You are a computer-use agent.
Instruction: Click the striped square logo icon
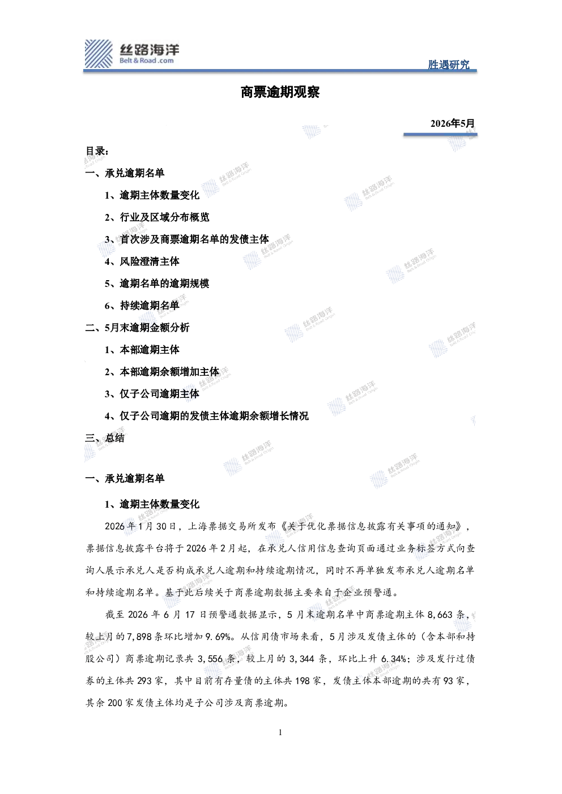click(99, 54)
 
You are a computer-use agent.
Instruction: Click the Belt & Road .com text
click(147, 61)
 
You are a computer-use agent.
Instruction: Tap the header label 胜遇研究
click(449, 65)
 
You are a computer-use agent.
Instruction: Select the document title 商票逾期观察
click(280, 92)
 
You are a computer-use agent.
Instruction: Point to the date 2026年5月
click(452, 123)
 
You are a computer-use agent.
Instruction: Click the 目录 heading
click(97, 151)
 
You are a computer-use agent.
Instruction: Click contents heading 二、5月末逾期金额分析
click(137, 328)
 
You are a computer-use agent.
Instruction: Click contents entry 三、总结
click(105, 438)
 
